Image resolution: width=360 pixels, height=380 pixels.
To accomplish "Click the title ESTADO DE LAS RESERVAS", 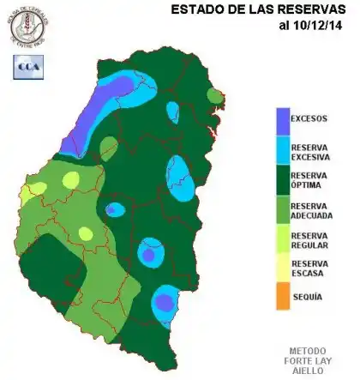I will coord(257,9).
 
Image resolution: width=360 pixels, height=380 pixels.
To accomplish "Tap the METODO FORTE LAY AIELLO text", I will coord(311,360).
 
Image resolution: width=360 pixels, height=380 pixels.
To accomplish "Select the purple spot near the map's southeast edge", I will coord(164,302).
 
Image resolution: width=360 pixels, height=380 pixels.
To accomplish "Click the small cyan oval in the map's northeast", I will coord(172,112).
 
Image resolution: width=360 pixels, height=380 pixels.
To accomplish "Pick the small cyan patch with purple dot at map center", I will coord(113,209).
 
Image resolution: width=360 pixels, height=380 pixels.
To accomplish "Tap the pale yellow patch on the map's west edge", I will coord(28,192).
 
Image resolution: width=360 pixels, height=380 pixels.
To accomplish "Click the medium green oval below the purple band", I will coord(109,148).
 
